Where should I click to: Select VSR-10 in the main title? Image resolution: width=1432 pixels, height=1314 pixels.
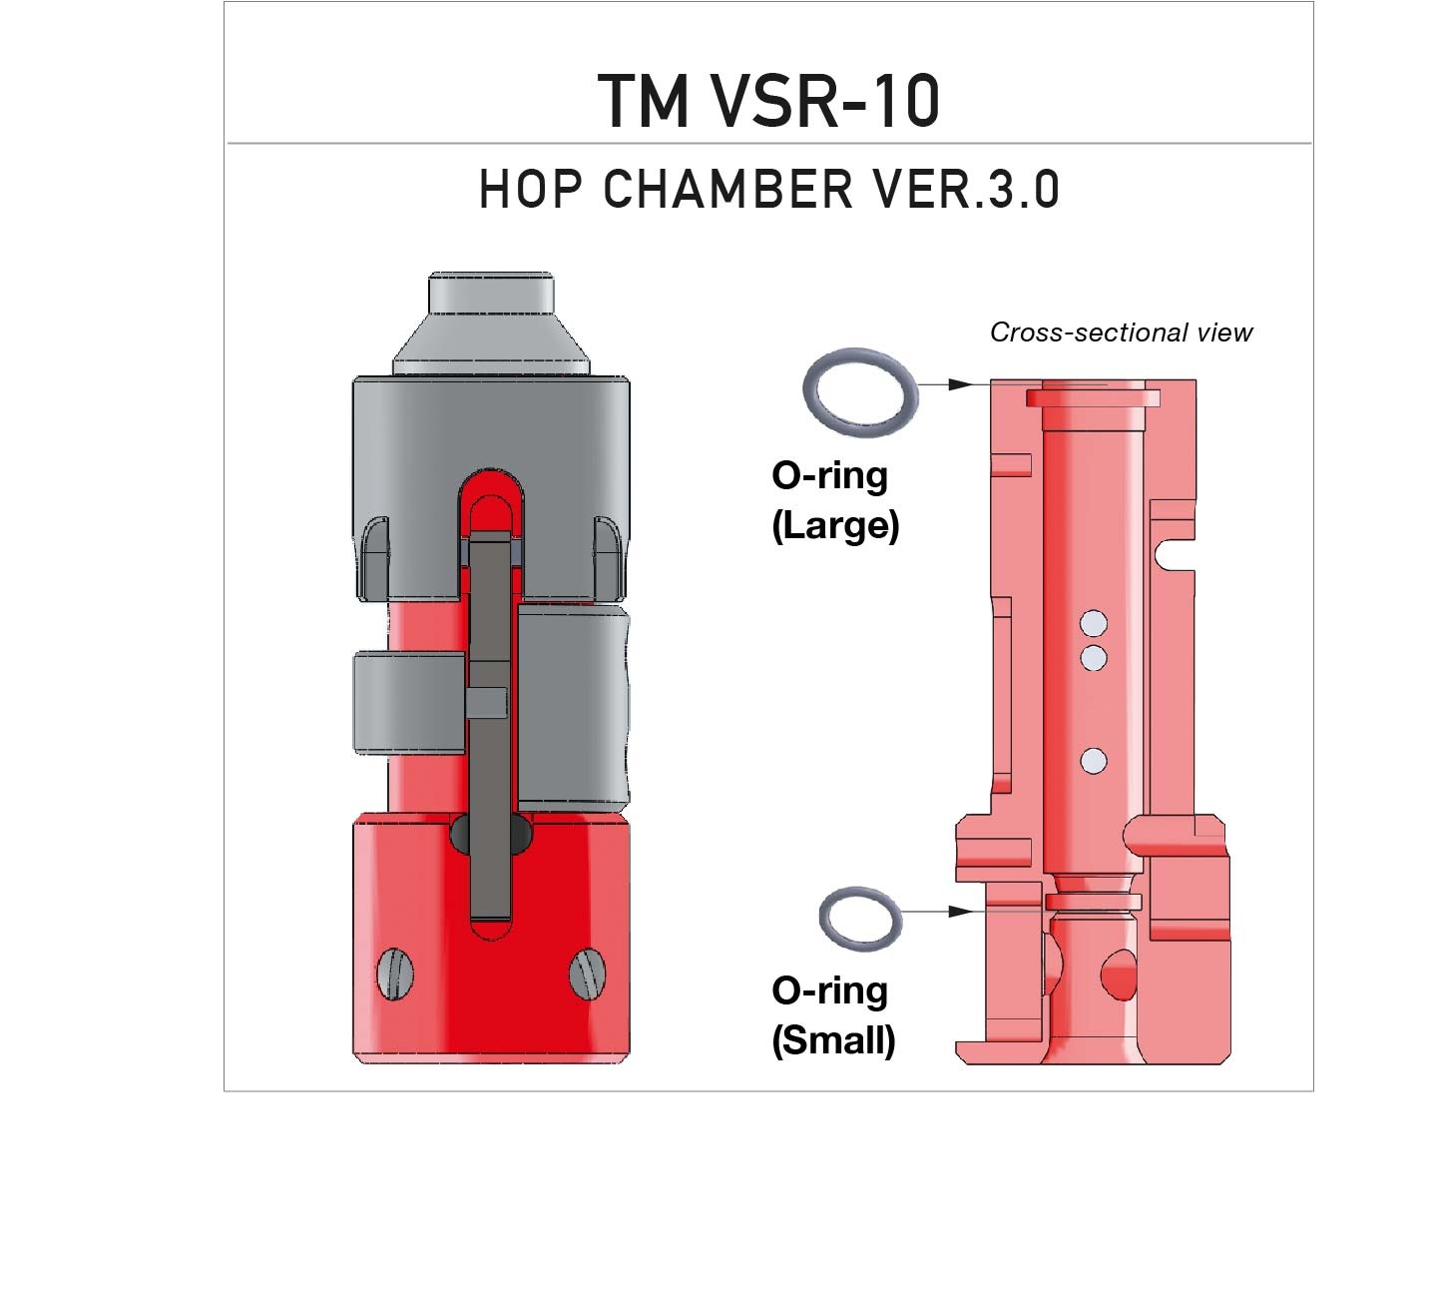pos(826,101)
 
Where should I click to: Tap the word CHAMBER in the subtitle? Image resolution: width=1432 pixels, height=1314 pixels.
pos(728,189)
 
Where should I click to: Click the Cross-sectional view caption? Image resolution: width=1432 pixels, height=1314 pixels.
pos(1120,332)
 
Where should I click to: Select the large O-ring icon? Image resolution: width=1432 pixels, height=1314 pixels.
pos(858,392)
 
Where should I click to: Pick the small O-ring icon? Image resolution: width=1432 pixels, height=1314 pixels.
pos(860,918)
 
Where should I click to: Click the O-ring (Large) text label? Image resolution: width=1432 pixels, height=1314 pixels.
pos(834,499)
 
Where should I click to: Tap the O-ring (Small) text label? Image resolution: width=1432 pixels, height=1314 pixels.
pos(832,1014)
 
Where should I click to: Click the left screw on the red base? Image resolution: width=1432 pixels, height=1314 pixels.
pos(396,973)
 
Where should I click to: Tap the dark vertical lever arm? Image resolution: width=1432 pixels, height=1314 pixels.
pos(490,729)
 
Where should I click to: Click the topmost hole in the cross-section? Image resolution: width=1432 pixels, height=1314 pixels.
pos(1094,624)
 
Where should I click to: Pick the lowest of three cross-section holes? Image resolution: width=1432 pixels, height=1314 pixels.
pos(1094,761)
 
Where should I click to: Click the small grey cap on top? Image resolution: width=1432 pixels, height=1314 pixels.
pos(491,294)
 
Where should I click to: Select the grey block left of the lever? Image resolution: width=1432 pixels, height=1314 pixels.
pos(409,703)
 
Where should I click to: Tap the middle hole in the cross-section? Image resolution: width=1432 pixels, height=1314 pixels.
pos(1094,657)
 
